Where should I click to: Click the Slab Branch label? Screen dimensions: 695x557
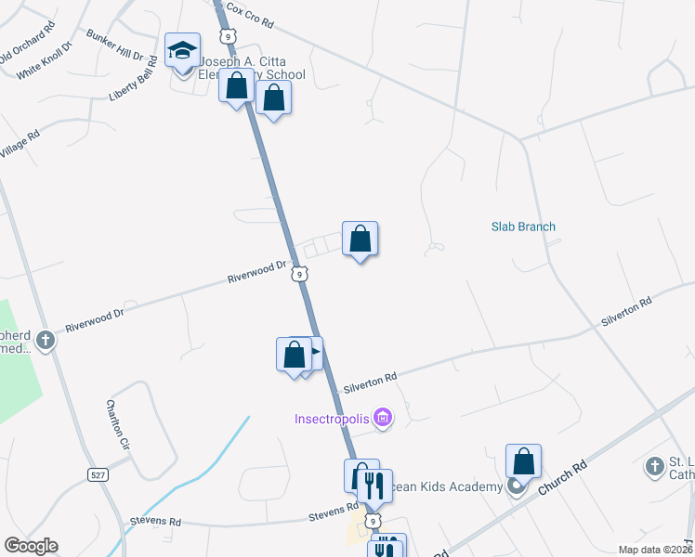523,227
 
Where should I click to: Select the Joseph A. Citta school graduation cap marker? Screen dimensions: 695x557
183,49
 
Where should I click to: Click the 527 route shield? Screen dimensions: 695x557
96,474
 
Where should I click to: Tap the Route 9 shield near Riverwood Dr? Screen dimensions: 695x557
298,273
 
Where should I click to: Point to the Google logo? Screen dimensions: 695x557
31,545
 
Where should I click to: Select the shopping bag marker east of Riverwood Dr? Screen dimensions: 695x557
360,239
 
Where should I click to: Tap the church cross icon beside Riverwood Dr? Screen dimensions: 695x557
46,341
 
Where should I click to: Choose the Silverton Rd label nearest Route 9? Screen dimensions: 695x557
370,378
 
